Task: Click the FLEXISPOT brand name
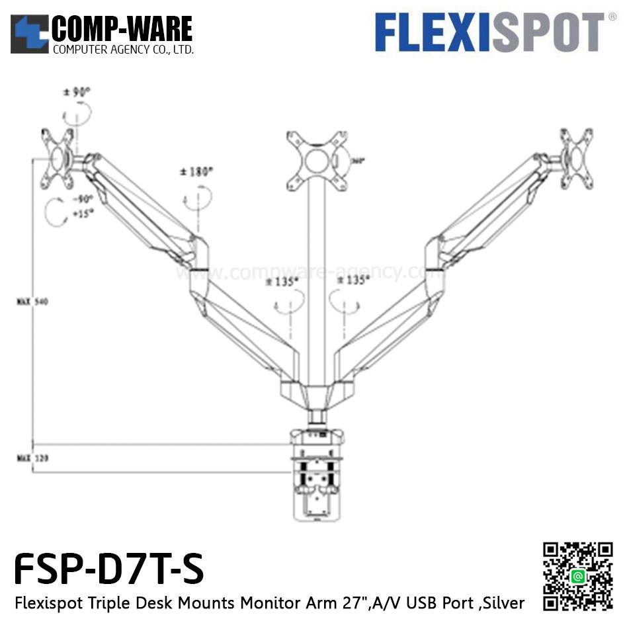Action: (489, 33)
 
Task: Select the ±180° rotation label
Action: (196, 172)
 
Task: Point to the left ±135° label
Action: (285, 280)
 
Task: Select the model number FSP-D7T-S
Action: (108, 569)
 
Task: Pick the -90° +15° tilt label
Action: (83, 205)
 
